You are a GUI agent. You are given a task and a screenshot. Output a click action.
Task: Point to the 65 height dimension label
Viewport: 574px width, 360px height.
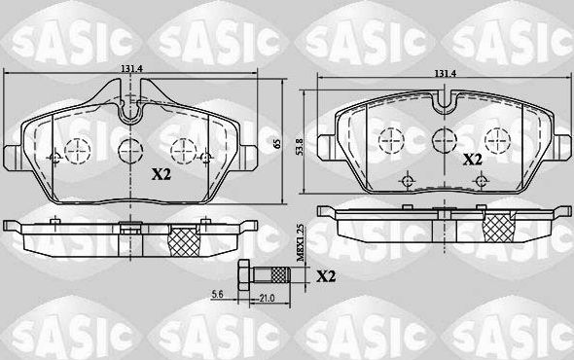tap(277, 143)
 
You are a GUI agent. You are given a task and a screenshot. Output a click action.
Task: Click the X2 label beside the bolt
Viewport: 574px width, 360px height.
tap(328, 276)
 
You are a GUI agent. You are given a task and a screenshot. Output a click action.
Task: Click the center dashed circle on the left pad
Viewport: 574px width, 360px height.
tap(129, 150)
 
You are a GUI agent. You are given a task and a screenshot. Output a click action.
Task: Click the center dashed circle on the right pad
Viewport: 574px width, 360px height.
tap(444, 138)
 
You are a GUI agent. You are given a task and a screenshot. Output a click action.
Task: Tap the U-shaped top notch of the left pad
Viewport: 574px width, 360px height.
tap(131, 103)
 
